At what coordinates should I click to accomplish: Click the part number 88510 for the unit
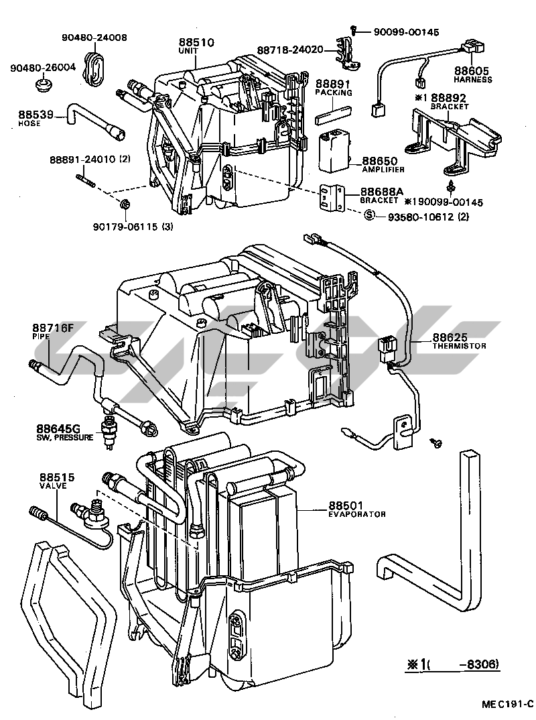tap(196, 42)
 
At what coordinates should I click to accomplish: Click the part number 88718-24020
tap(289, 50)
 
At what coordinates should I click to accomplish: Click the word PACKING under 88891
tap(334, 93)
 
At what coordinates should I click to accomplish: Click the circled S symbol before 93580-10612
tap(369, 215)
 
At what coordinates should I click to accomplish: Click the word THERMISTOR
tap(459, 346)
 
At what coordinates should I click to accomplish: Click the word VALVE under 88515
tap(53, 485)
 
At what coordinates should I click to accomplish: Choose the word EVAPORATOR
tap(356, 514)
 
